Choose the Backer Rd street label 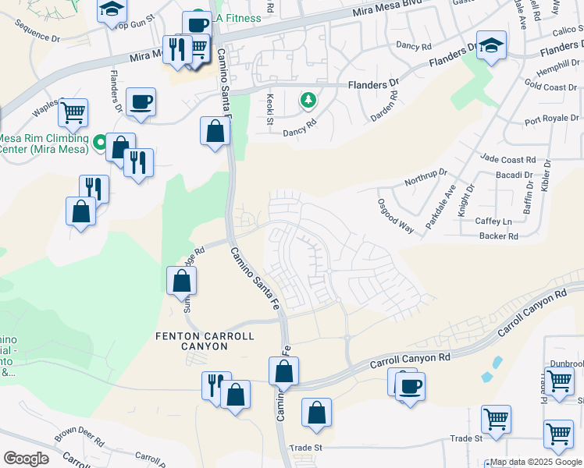click(499, 236)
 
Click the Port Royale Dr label click(552, 120)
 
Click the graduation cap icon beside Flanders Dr click(491, 45)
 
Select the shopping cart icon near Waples click(73, 112)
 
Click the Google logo click(25, 459)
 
